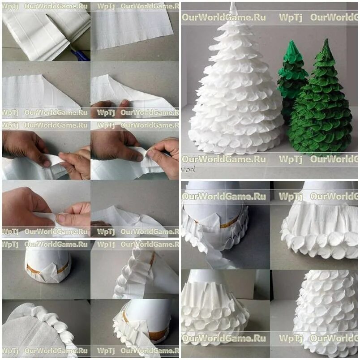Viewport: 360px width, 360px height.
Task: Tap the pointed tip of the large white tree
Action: tap(232, 3)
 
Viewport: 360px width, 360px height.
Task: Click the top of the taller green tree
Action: tap(326, 40)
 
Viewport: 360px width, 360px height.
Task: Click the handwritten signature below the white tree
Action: tap(188, 169)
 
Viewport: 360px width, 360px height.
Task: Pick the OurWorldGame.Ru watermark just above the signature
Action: tap(223, 159)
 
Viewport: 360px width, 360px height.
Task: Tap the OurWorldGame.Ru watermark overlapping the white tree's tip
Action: tap(223, 17)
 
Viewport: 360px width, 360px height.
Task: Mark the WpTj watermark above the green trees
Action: tap(291, 17)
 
